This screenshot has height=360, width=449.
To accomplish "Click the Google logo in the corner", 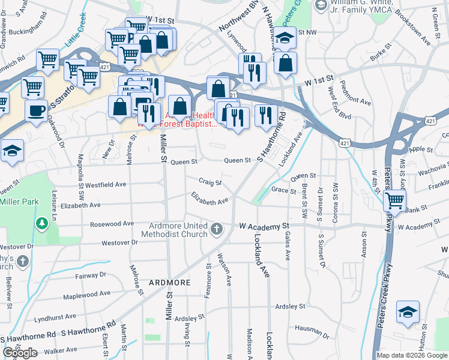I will pyautogui.click(x=20, y=353).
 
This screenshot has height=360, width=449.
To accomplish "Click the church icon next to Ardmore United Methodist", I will pyautogui.click(x=217, y=229).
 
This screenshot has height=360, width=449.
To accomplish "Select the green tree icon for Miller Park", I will pyautogui.click(x=42, y=224).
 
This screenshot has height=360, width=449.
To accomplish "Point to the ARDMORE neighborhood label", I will pyautogui.click(x=170, y=282).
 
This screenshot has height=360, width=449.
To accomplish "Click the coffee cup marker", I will pyautogui.click(x=36, y=111).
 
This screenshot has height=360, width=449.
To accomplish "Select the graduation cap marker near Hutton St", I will pyautogui.click(x=408, y=313).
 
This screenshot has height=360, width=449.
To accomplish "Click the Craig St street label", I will pyautogui.click(x=211, y=182).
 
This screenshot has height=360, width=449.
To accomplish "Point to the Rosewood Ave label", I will pyautogui.click(x=112, y=224).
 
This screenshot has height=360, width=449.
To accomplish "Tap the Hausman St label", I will pyautogui.click(x=312, y=329).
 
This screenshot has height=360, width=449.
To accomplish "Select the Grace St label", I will pyautogui.click(x=284, y=191).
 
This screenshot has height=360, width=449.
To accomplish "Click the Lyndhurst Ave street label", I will pyautogui.click(x=55, y=316).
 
